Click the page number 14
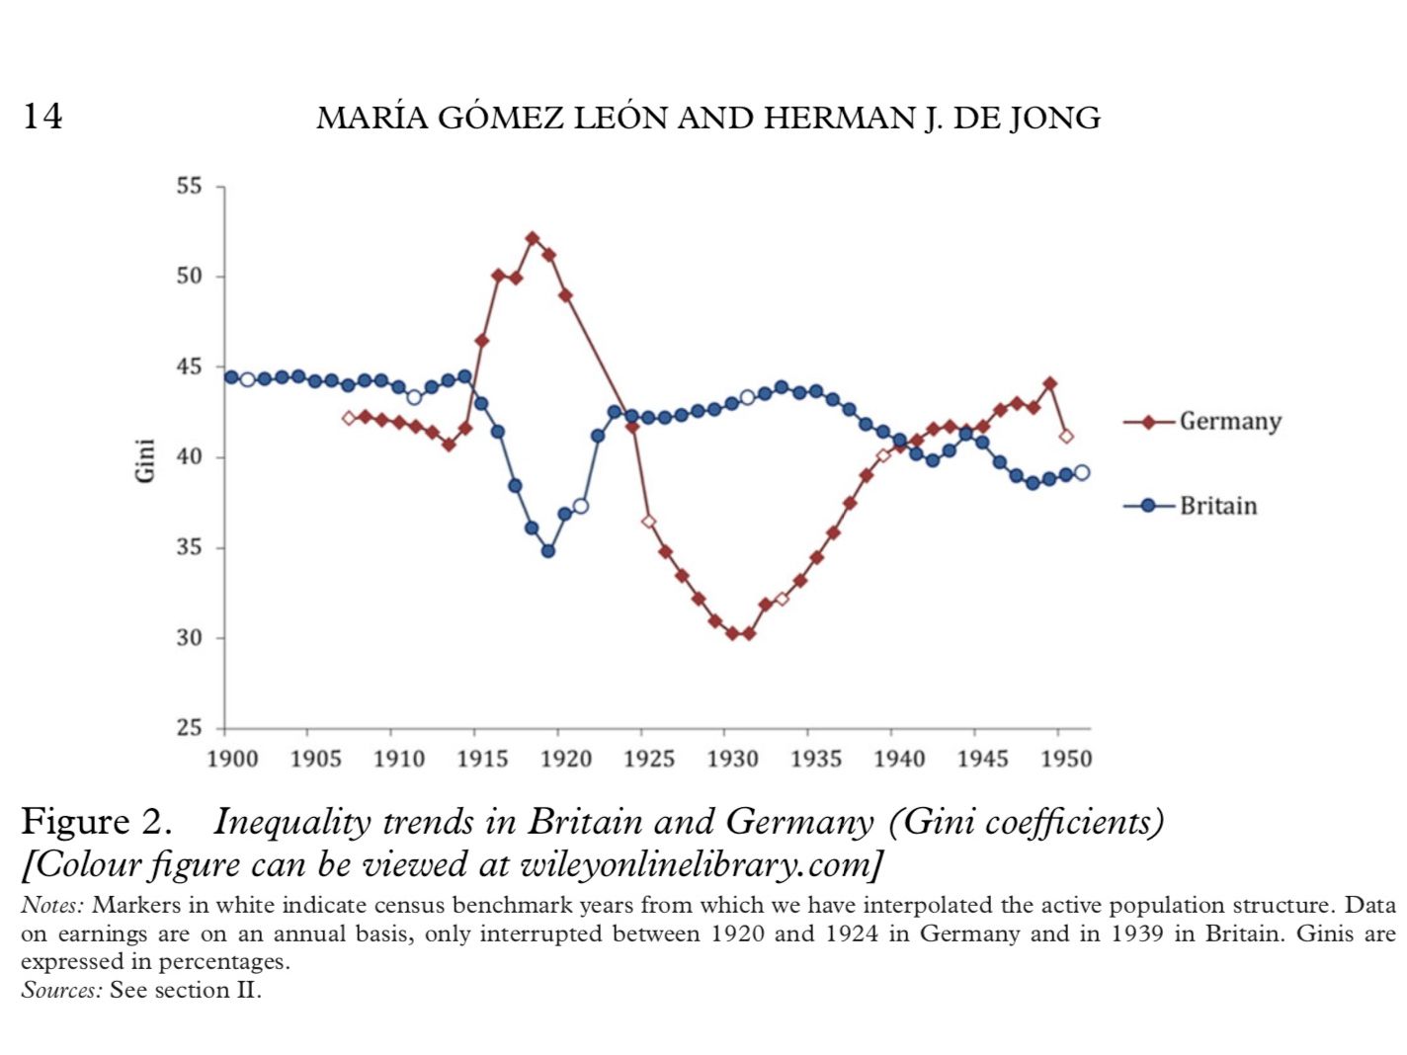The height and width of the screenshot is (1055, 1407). (42, 117)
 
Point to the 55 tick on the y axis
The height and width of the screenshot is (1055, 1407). (189, 187)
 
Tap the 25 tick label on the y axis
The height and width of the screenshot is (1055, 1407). (189, 728)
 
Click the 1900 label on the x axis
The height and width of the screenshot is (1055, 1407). (232, 759)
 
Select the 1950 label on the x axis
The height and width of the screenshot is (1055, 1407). (1065, 759)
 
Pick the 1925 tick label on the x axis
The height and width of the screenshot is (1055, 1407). (648, 759)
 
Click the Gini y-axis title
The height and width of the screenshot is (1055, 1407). (144, 459)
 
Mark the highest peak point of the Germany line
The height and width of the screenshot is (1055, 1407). (533, 238)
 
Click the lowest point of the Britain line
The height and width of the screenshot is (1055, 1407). (548, 551)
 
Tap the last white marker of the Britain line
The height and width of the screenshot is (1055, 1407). (1082, 473)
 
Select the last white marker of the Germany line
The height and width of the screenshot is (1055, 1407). (1066, 436)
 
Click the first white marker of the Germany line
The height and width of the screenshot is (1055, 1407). (349, 418)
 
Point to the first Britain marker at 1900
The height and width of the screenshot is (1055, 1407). (231, 377)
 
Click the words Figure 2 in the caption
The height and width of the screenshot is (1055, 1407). (96, 822)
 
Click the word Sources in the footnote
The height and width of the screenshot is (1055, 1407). (60, 990)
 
